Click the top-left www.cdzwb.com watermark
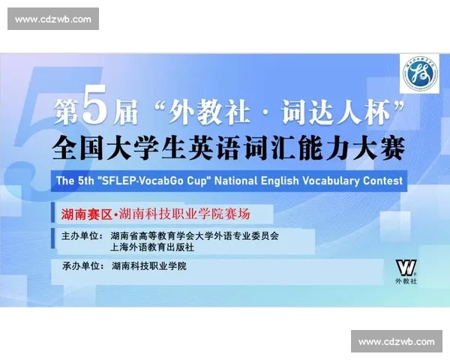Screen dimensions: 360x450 click(53, 19)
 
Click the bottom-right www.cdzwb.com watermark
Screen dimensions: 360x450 click(396, 341)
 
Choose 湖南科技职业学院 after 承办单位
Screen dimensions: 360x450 click(149, 266)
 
